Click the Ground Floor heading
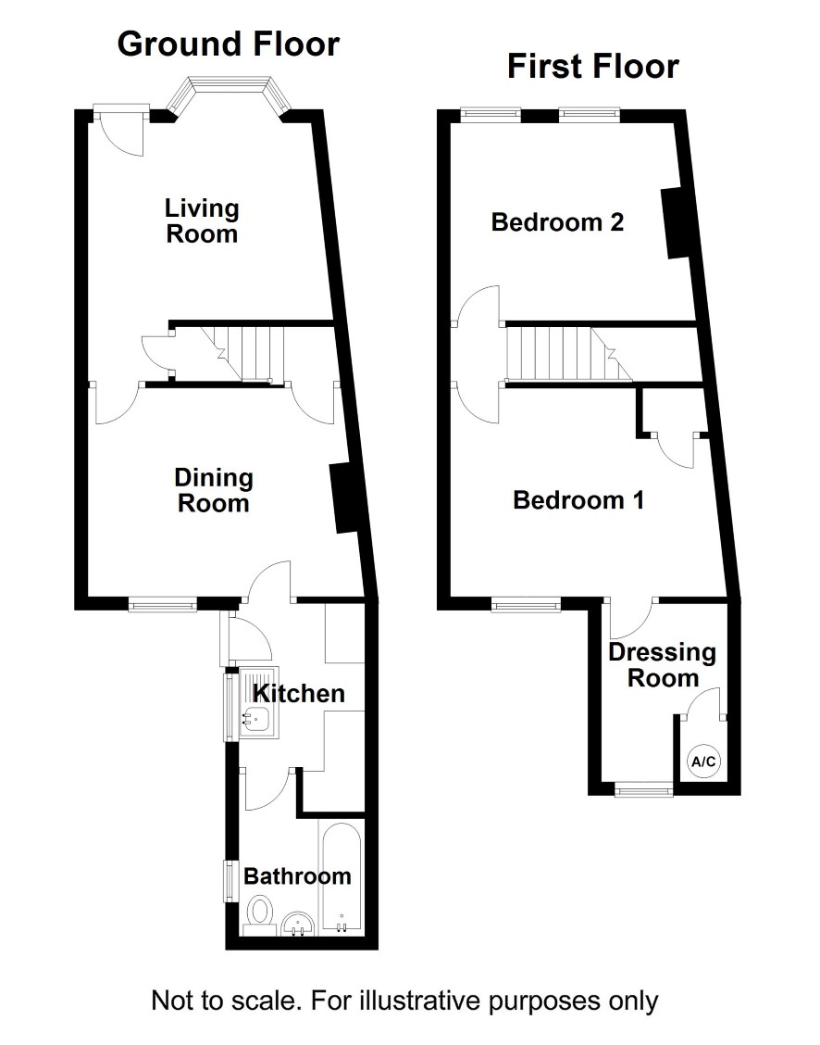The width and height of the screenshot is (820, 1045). [x=229, y=44]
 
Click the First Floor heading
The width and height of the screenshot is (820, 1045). [x=593, y=66]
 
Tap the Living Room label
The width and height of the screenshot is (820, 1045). [x=202, y=221]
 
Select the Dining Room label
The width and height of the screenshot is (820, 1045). [x=214, y=490]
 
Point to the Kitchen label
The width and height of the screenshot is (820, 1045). [x=299, y=694]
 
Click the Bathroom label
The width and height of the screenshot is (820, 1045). [x=297, y=875]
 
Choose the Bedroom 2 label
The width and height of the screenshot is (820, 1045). [x=558, y=222]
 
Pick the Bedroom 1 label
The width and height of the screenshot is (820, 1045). [x=578, y=500]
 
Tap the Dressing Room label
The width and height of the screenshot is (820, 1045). [x=663, y=665]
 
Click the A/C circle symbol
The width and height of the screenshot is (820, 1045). [x=703, y=762]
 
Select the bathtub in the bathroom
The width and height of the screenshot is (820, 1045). [x=342, y=877]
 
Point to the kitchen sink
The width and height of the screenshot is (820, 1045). [x=259, y=701]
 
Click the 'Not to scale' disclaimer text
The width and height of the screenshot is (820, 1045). [x=404, y=1001]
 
